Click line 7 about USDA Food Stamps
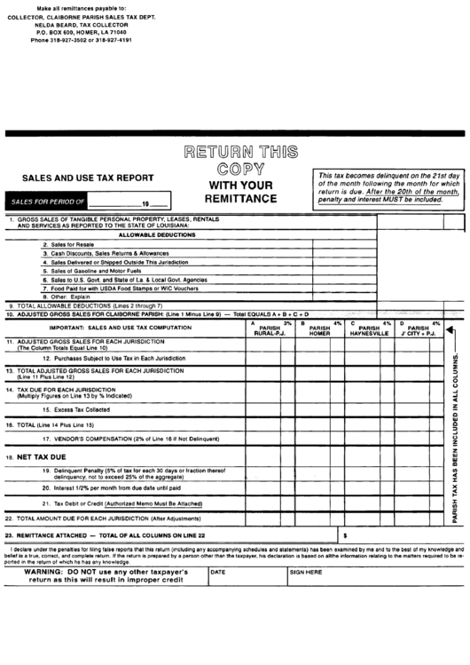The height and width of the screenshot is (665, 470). pos(116,289)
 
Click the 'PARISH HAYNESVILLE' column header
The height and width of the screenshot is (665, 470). pos(369,329)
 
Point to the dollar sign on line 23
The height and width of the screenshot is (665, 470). pos(345,537)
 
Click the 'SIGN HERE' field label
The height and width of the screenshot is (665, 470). pos(306,573)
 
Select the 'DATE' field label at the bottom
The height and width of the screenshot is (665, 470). pos(218,573)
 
